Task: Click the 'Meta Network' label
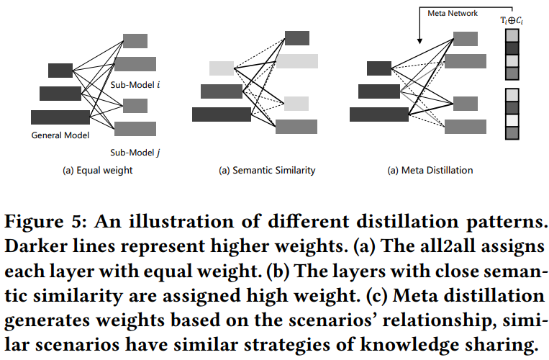[453, 13]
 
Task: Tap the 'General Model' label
[60, 135]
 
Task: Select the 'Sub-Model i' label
[135, 85]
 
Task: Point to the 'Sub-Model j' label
[135, 153]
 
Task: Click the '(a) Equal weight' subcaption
[97, 170]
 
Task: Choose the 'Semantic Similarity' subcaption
[274, 170]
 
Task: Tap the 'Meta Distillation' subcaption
[437, 170]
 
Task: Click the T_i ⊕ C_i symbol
[512, 20]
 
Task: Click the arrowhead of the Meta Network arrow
[419, 41]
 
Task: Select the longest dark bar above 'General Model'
[60, 117]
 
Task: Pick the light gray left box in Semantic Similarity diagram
[222, 68]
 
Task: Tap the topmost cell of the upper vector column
[512, 36]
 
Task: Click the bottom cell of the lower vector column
[512, 133]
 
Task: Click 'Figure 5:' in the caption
[45, 222]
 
